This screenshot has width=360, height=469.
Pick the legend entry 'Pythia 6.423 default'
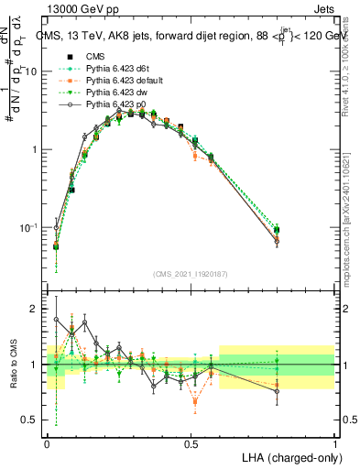coord(120,81)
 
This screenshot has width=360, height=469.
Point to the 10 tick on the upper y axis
coord(35,71)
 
